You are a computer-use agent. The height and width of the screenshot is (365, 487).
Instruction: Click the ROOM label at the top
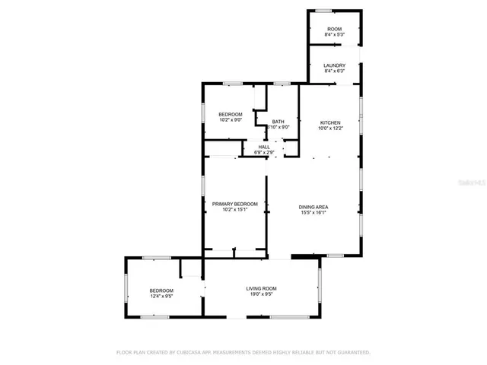(x=334, y=29)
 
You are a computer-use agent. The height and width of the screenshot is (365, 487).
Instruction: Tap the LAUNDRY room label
(x=334, y=65)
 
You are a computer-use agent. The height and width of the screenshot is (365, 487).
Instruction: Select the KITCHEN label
(x=329, y=122)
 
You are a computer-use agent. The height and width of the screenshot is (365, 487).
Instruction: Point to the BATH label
(x=279, y=122)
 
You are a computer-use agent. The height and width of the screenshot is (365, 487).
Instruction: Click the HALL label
(x=264, y=147)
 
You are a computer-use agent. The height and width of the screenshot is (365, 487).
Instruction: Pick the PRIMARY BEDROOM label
(x=234, y=204)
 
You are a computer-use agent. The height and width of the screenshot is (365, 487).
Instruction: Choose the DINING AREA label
(x=313, y=207)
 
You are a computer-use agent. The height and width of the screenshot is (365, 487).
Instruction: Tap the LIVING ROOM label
(x=261, y=288)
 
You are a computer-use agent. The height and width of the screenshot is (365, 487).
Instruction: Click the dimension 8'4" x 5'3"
(x=334, y=35)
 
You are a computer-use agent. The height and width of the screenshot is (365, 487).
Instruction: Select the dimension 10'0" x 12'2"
(x=329, y=129)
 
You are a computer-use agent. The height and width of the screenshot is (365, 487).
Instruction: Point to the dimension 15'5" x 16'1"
(x=313, y=213)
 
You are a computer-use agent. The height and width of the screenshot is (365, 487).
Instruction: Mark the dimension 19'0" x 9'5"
(x=261, y=294)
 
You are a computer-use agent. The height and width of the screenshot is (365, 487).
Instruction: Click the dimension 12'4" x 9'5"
(x=161, y=297)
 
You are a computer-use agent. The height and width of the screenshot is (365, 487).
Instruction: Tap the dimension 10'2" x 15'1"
(x=234, y=210)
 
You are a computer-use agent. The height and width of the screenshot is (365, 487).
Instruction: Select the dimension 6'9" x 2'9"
(x=264, y=153)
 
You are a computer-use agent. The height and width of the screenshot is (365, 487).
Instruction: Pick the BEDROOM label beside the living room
(x=161, y=290)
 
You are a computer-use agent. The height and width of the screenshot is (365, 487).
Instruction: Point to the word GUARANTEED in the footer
(x=352, y=353)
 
